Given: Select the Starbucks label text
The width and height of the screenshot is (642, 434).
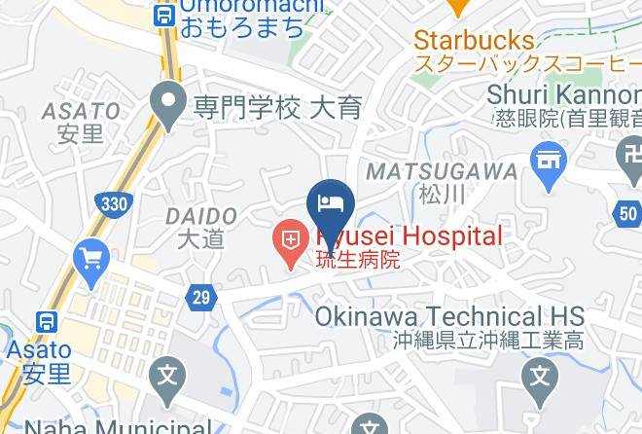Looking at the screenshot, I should (x=474, y=41).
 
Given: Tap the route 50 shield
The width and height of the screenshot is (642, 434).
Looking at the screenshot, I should (x=627, y=214).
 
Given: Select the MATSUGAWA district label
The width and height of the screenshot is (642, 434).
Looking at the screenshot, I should (x=441, y=171).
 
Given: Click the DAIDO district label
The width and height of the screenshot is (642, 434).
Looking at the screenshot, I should (x=201, y=215).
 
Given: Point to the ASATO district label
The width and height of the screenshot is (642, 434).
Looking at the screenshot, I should (x=82, y=112).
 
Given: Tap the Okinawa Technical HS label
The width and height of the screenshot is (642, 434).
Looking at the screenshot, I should (x=449, y=317).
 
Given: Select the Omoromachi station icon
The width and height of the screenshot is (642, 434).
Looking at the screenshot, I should (x=163, y=16).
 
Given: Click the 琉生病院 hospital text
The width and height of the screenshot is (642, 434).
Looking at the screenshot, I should (x=355, y=261).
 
